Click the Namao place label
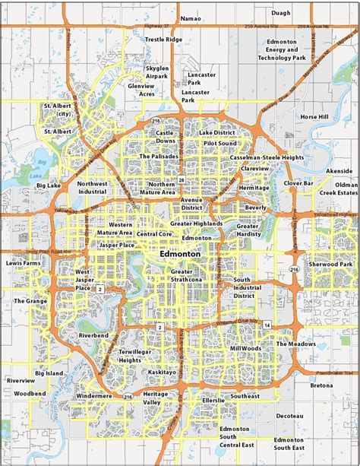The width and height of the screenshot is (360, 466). click(x=191, y=17)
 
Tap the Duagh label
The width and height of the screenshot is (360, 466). click(x=280, y=13)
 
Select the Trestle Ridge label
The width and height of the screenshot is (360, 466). click(x=163, y=39)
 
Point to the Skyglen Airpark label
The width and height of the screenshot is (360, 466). click(x=158, y=72)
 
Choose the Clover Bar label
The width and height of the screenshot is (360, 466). click(x=298, y=183)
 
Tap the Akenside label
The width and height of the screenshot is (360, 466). click(x=339, y=172)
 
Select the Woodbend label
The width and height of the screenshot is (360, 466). click(x=30, y=393)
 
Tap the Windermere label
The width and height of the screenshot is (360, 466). click(x=94, y=396)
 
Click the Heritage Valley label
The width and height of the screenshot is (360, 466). click(x=156, y=398)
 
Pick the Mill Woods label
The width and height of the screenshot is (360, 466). click(x=245, y=348)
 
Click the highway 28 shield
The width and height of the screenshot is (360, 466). click(x=182, y=180)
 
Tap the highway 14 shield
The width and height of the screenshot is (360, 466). click(x=267, y=325)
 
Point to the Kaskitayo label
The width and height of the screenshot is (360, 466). click(x=162, y=372)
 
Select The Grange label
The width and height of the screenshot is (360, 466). click(x=30, y=301)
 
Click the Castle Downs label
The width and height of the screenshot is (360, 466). click(x=165, y=137)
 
